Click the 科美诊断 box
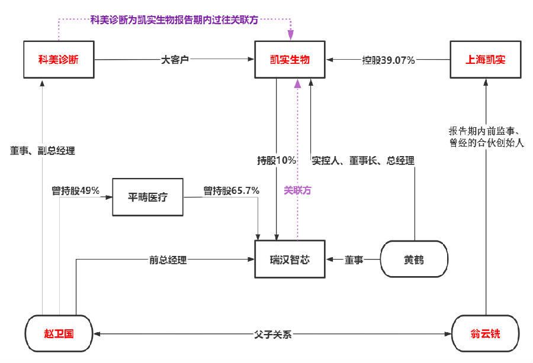pyautogui.click(x=58, y=60)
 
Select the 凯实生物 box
pyautogui.click(x=290, y=60)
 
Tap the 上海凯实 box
pyautogui.click(x=484, y=60)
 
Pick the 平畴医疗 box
pyautogui.click(x=148, y=196)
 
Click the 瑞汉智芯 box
pyautogui.click(x=290, y=259)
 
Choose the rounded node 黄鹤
pyautogui.click(x=413, y=259)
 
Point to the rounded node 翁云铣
pyautogui.click(x=485, y=334)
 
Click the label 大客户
pyautogui.click(x=175, y=60)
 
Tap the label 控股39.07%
pyautogui.click(x=388, y=60)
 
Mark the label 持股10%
pyautogui.click(x=276, y=161)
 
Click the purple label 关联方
pyautogui.click(x=297, y=190)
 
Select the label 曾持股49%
pyautogui.click(x=75, y=190)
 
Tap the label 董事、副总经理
pyautogui.click(x=43, y=150)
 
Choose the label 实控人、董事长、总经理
pyautogui.click(x=362, y=161)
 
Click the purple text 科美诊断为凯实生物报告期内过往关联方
pyautogui.click(x=175, y=20)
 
